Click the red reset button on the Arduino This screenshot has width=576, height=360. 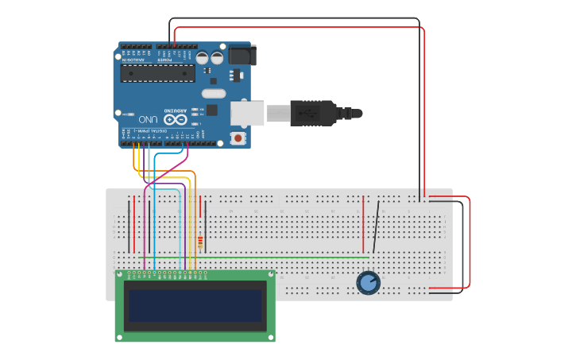point(238,138)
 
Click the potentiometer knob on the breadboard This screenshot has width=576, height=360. point(368,282)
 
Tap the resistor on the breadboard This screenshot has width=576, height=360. point(200,241)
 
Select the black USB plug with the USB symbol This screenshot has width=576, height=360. point(313,114)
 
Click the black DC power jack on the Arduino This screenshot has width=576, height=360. point(242,55)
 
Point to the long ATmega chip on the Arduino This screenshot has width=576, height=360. point(157,73)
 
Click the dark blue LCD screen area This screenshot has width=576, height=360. point(195,305)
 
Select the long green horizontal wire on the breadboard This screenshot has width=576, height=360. point(254,257)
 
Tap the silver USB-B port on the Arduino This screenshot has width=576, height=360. point(247,114)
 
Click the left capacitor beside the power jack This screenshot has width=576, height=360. point(203,58)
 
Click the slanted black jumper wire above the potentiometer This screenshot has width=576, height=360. point(376,226)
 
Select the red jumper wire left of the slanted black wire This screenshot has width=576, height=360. point(363,218)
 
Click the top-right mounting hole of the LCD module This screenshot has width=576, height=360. point(270,276)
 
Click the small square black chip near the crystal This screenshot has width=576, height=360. point(211,110)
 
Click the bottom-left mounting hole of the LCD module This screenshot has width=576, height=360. point(120,336)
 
